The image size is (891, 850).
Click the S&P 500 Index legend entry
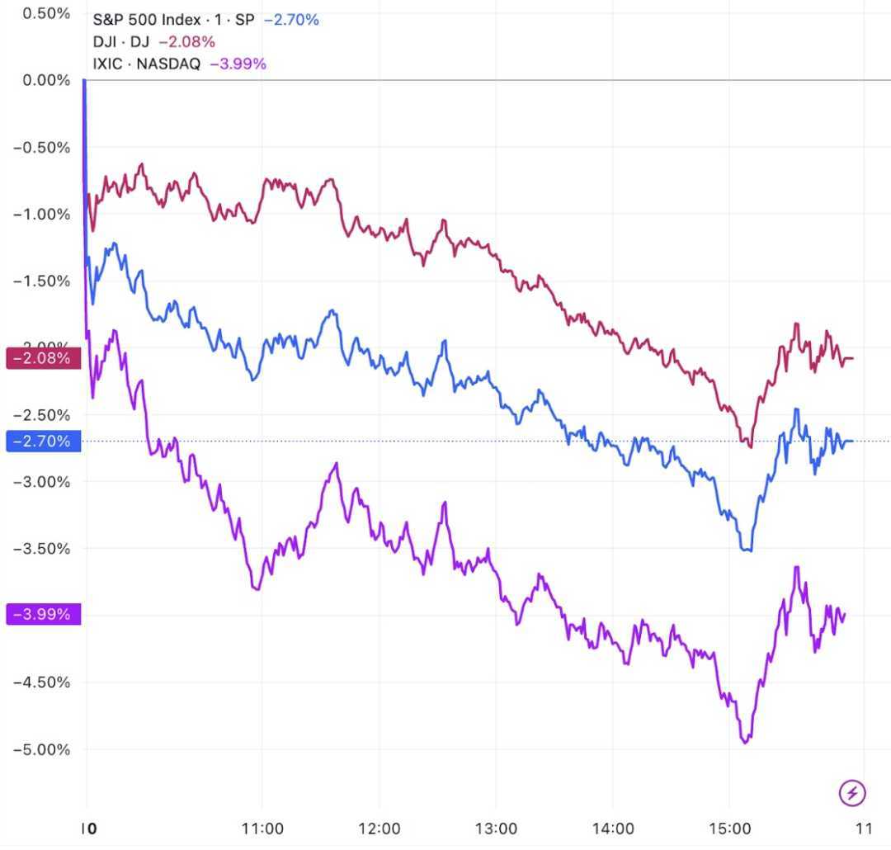[x=173, y=19]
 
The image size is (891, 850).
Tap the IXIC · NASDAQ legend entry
[x=147, y=64]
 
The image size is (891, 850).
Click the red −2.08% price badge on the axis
[x=44, y=358]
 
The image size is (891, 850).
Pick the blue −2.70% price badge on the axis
[x=44, y=442]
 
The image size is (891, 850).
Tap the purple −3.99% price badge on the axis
[x=44, y=615]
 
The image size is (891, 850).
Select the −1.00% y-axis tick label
[x=42, y=215]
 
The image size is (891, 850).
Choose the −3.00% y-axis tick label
[x=42, y=482]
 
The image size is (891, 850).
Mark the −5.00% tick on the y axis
[x=42, y=750]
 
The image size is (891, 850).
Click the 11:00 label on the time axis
[x=263, y=829]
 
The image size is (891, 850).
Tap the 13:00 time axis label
[x=497, y=829]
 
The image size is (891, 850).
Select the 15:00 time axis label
[x=730, y=829]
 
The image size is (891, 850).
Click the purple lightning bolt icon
[x=852, y=793]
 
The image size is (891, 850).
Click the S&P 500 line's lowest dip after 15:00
[x=749, y=550]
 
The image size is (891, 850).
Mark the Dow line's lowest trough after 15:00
[x=750, y=446]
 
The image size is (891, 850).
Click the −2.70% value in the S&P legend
[x=291, y=19]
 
